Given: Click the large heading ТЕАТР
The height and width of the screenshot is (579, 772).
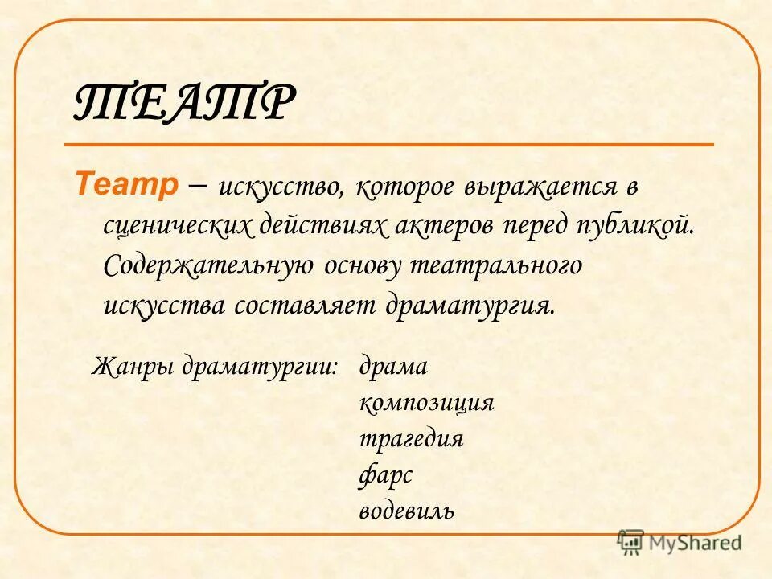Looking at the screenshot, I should click(x=184, y=103).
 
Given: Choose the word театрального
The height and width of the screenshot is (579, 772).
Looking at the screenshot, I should click(x=496, y=266).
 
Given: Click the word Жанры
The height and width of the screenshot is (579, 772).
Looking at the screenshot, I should click(x=133, y=367).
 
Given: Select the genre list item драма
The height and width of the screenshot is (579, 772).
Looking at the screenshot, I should click(x=393, y=367).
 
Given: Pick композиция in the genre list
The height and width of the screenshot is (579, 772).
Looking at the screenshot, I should click(x=426, y=403).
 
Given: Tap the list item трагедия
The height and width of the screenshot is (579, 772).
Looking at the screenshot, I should click(x=411, y=439).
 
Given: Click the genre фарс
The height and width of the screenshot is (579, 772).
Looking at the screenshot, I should click(x=385, y=474).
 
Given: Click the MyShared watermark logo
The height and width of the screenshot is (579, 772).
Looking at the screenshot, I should click(x=680, y=542).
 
